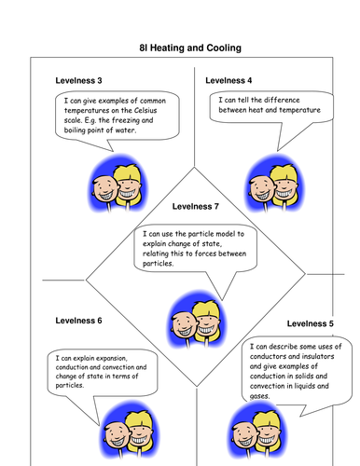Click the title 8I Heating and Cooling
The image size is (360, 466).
[x=183, y=46]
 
